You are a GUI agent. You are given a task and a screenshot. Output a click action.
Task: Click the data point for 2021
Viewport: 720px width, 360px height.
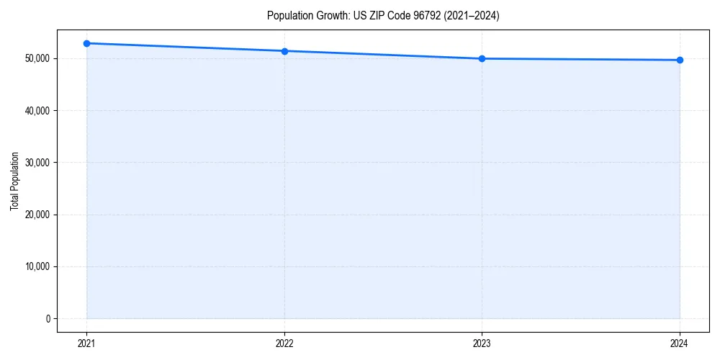point(86,43)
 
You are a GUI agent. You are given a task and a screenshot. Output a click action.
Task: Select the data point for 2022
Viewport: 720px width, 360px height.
point(284,51)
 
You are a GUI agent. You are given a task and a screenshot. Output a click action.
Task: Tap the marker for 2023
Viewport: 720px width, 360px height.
point(482,58)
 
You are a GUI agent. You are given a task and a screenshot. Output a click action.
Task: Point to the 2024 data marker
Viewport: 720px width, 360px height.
point(680,60)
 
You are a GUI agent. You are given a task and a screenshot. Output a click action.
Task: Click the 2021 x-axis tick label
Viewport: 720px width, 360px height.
point(86,343)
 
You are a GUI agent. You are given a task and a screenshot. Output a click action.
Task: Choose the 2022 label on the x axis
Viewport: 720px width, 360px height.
point(284,343)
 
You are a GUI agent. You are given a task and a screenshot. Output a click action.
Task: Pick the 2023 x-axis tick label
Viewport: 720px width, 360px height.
point(482,343)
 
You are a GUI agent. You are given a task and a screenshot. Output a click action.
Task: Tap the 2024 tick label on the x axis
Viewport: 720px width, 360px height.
point(680,343)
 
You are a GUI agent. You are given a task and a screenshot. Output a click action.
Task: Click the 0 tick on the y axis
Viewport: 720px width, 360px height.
point(47,319)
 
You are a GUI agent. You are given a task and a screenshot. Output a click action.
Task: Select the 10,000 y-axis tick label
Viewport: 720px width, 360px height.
point(37,266)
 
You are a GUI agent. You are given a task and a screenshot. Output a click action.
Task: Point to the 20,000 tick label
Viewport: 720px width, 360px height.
point(37,215)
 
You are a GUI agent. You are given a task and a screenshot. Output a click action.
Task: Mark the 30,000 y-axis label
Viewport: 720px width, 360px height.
point(37,163)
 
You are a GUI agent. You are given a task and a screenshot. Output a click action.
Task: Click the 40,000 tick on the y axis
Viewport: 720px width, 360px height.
point(37,111)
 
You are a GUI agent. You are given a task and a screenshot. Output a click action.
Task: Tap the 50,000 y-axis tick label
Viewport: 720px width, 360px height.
point(37,58)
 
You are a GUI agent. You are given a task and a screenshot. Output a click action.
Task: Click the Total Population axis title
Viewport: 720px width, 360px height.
point(14,181)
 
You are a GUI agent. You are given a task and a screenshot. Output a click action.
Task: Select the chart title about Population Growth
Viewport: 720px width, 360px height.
point(382,16)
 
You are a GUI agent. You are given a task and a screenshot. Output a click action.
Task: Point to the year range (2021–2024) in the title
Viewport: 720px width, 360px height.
point(472,16)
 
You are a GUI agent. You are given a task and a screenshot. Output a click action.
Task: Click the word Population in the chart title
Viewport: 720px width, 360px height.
point(286,16)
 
